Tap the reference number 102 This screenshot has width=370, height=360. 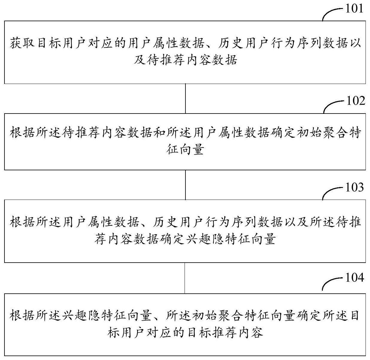(356, 101)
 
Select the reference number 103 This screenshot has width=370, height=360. (354, 187)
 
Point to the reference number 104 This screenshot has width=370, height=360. (354, 278)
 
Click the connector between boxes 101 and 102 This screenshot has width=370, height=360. (185, 98)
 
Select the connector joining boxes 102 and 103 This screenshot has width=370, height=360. (185, 185)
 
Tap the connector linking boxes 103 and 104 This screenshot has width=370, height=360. (185, 278)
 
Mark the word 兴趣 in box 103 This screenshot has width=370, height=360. (198, 239)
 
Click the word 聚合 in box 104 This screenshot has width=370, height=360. (231, 315)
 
